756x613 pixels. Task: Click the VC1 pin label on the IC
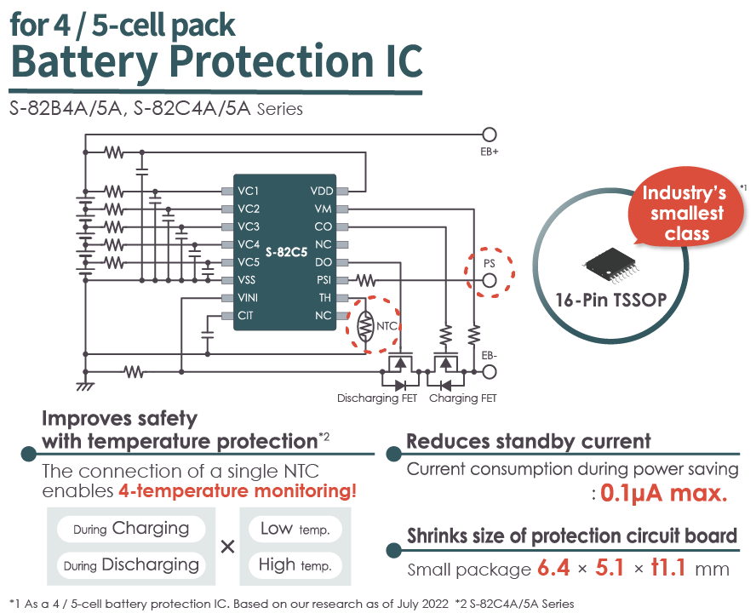(249, 191)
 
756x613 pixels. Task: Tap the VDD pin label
(322, 191)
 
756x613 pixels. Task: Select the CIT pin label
(246, 316)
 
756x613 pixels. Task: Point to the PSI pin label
(324, 280)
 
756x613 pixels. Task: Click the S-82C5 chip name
(285, 253)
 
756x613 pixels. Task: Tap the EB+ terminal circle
(489, 135)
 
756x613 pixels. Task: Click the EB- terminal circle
(489, 371)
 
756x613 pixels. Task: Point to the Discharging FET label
(377, 398)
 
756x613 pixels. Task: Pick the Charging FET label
(462, 398)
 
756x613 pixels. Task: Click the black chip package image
(613, 260)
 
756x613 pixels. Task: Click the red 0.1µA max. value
(662, 493)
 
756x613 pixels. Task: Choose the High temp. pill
(295, 565)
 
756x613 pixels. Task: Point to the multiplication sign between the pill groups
(227, 547)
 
